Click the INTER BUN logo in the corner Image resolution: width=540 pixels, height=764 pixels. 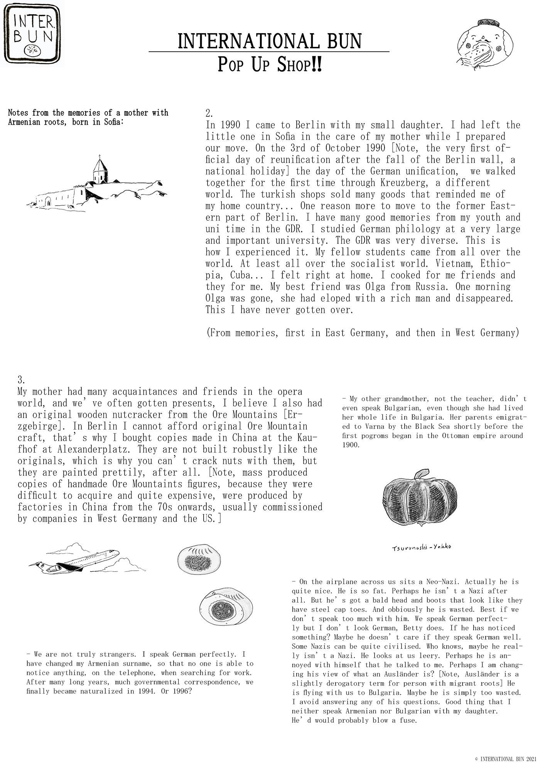[32, 33]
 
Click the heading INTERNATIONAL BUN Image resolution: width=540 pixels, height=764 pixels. [269, 41]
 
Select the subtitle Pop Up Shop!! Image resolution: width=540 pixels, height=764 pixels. [269, 65]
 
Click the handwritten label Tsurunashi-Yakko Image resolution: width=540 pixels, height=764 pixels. [421, 547]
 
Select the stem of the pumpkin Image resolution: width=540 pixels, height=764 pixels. [421, 474]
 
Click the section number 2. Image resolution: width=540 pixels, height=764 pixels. [209, 113]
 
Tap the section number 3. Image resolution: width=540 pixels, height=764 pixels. [22, 380]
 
